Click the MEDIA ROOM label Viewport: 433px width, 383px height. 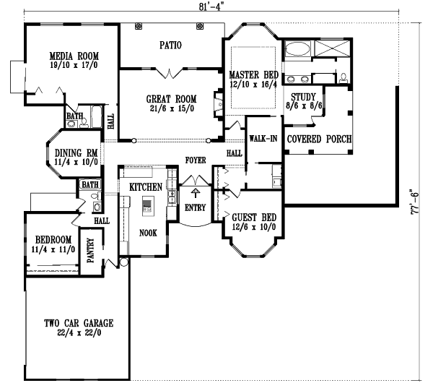coord(74,56)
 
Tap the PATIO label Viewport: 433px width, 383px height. coord(170,45)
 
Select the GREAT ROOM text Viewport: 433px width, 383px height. coord(171,99)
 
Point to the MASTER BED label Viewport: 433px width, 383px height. coord(254,75)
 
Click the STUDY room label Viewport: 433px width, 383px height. coord(304,96)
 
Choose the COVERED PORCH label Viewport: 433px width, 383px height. coord(319,139)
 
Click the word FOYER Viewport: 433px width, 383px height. coord(196,160)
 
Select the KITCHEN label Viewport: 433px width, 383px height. coord(145,187)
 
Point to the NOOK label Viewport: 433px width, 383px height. coord(149,233)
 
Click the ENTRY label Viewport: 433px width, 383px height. coord(196,208)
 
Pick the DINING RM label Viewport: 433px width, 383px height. coord(76,152)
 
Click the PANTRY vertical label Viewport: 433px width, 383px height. coord(91,252)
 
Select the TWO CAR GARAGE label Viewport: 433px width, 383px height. coord(78,323)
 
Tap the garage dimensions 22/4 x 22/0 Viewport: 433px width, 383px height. coord(78,333)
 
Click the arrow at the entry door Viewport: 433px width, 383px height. coord(196,193)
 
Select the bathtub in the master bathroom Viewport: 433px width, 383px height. coord(296,51)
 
